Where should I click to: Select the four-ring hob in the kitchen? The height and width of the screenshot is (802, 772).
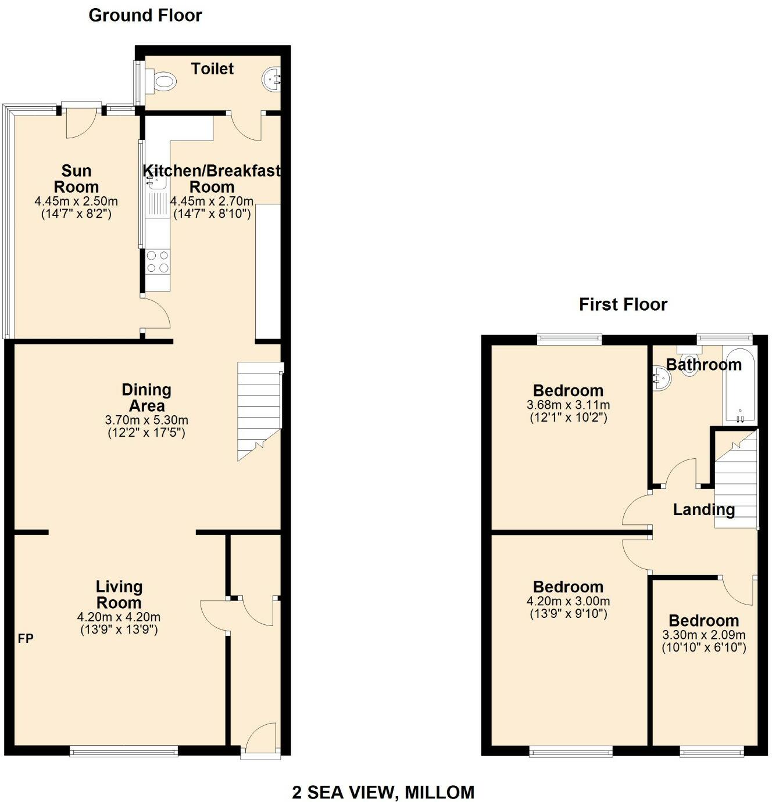click(158, 261)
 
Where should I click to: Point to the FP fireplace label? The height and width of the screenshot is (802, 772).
click(26, 639)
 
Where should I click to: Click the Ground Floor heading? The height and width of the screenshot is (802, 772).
click(145, 16)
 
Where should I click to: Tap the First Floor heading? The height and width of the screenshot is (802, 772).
click(623, 304)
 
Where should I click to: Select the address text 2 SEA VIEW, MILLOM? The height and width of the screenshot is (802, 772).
click(383, 792)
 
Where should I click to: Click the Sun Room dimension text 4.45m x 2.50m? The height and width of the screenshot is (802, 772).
click(76, 202)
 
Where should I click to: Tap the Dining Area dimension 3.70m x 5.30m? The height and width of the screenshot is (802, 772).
click(146, 420)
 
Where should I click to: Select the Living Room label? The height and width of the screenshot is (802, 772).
click(119, 595)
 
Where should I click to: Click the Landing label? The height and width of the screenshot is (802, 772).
click(703, 510)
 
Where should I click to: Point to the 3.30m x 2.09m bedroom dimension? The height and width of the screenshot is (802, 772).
click(703, 635)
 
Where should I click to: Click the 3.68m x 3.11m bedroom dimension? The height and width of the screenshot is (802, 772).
click(568, 405)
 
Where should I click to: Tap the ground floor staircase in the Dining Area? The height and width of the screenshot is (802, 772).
click(259, 407)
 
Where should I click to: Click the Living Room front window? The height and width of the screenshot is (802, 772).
click(124, 752)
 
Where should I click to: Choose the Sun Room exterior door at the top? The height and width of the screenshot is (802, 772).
click(81, 119)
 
